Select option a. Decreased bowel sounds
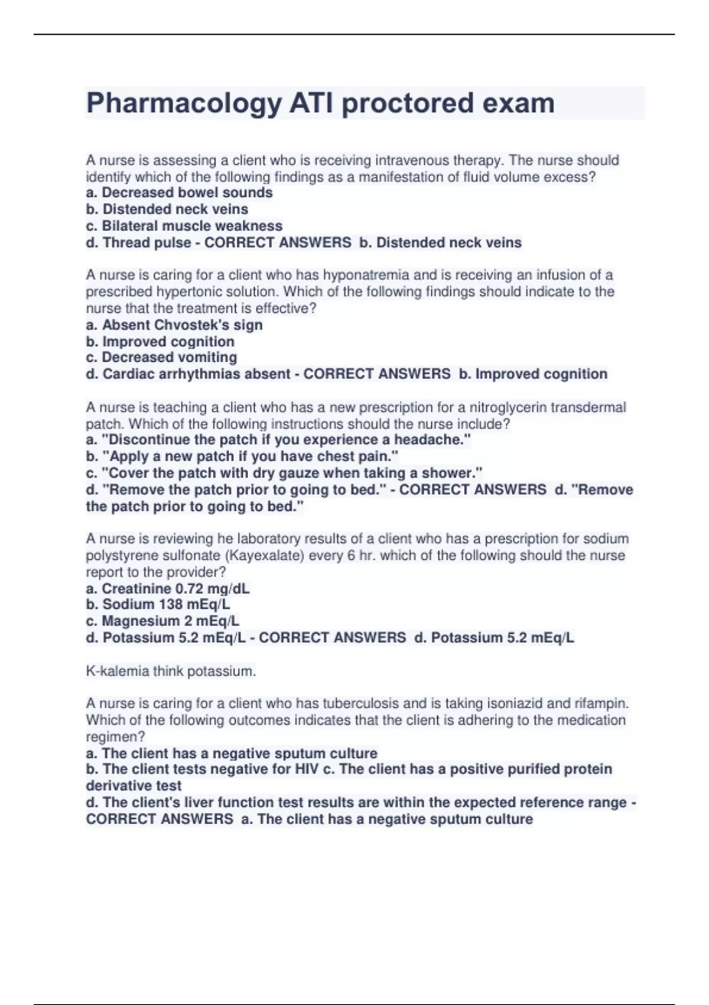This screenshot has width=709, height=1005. pyautogui.click(x=179, y=193)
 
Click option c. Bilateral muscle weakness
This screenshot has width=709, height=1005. pyautogui.click(x=184, y=226)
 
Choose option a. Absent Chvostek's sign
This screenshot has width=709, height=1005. pyautogui.click(x=174, y=325)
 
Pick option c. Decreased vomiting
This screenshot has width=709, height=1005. pyautogui.click(x=161, y=358)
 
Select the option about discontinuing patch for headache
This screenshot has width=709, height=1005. pyautogui.click(x=278, y=440)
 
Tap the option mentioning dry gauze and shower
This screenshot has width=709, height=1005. pyautogui.click(x=284, y=473)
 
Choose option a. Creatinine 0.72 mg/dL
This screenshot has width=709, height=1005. pyautogui.click(x=168, y=589)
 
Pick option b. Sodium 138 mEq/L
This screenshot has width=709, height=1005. pyautogui.click(x=158, y=604)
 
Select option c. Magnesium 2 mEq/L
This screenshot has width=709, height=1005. pyautogui.click(x=162, y=621)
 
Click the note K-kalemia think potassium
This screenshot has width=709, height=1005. pyautogui.click(x=171, y=671)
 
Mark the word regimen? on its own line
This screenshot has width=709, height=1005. pyautogui.click(x=115, y=737)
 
